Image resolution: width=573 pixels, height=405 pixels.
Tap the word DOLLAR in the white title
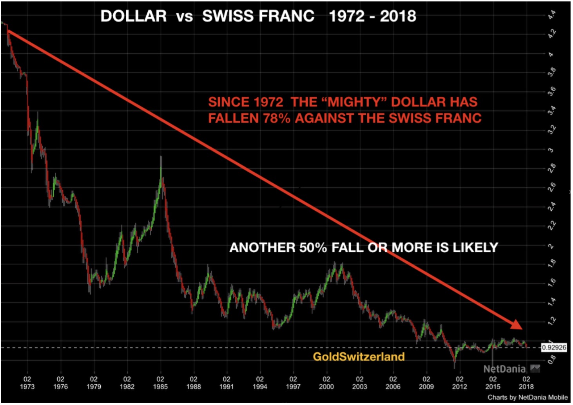coord(133,16)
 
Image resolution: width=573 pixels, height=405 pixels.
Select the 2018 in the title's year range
coord(398,16)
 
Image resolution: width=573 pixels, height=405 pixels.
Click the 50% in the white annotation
coord(313,248)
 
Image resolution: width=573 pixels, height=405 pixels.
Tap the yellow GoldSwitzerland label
coord(359,356)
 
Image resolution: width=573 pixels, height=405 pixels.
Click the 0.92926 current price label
coord(554,347)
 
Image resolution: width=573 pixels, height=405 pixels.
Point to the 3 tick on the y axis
coord(551,150)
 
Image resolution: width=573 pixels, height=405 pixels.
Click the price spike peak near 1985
coord(161,157)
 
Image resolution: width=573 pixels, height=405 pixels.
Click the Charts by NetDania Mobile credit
coord(527,397)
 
